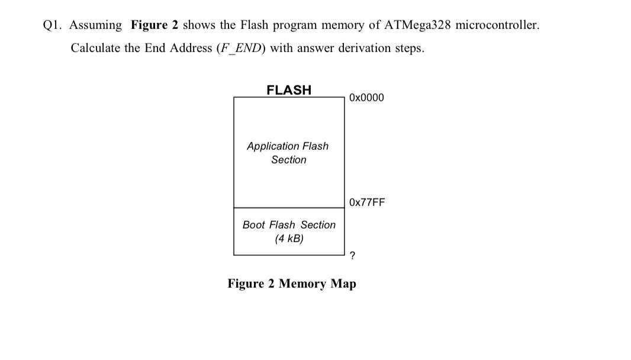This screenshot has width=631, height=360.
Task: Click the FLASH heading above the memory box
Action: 289,90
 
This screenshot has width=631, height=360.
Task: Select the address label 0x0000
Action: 366,97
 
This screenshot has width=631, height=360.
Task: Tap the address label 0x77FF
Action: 367,202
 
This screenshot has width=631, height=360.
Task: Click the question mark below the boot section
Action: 353,256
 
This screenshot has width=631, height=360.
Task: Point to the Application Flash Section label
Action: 288,153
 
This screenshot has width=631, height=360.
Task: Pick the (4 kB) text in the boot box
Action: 289,239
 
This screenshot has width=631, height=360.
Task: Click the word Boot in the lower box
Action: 254,225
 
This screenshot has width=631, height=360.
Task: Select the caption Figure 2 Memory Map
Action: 292,284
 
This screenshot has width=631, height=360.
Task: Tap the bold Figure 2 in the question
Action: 154,25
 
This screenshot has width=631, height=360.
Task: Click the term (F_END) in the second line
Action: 242,48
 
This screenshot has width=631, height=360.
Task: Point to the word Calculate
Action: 95,48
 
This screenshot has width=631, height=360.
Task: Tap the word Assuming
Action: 96,25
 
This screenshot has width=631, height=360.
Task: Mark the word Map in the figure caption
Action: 343,284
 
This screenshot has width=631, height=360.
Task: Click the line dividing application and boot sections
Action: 289,208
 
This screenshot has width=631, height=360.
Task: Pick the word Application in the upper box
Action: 273,146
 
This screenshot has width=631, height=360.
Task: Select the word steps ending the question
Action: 410,48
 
